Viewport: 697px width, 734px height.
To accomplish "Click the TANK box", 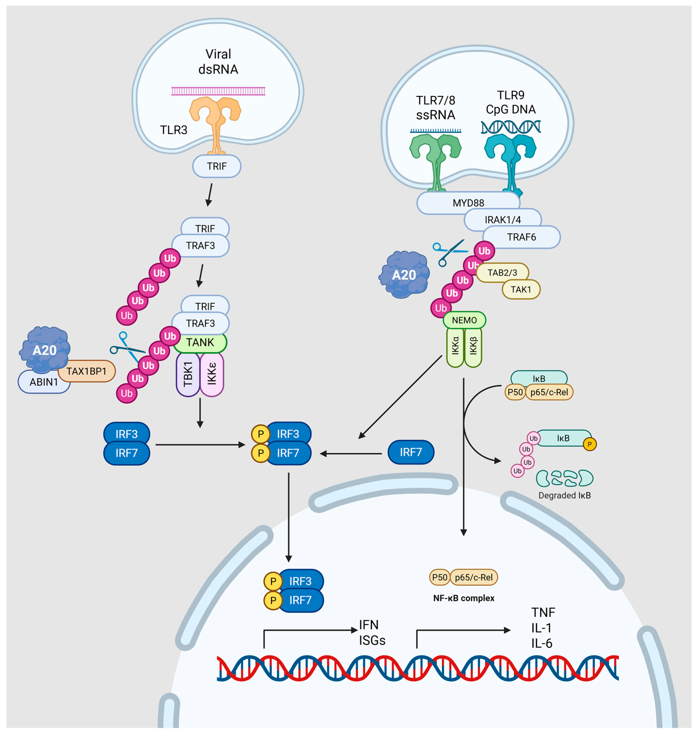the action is pyautogui.click(x=200, y=342).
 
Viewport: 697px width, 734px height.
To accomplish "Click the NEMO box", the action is pyautogui.click(x=464, y=320).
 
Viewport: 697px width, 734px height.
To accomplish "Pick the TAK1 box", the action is pyautogui.click(x=521, y=289).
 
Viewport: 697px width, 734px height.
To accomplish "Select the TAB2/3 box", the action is pyautogui.click(x=502, y=273).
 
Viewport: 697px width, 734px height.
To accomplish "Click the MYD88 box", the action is pyautogui.click(x=468, y=203).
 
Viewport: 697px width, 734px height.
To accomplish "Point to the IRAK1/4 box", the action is pyautogui.click(x=503, y=220).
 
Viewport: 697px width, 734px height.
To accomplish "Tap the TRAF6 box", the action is pyautogui.click(x=522, y=237).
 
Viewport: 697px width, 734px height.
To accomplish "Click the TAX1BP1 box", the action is pyautogui.click(x=86, y=371).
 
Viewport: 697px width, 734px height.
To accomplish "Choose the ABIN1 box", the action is pyautogui.click(x=44, y=382).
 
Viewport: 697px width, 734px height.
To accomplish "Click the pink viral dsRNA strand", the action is pyautogui.click(x=218, y=91).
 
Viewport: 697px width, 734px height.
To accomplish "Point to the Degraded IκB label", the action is pyautogui.click(x=564, y=495).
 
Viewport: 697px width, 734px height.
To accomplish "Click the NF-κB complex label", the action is pyautogui.click(x=464, y=598).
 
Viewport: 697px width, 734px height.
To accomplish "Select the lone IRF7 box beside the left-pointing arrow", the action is pyautogui.click(x=411, y=452).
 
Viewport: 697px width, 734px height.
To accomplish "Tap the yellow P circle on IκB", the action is pyautogui.click(x=590, y=444).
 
